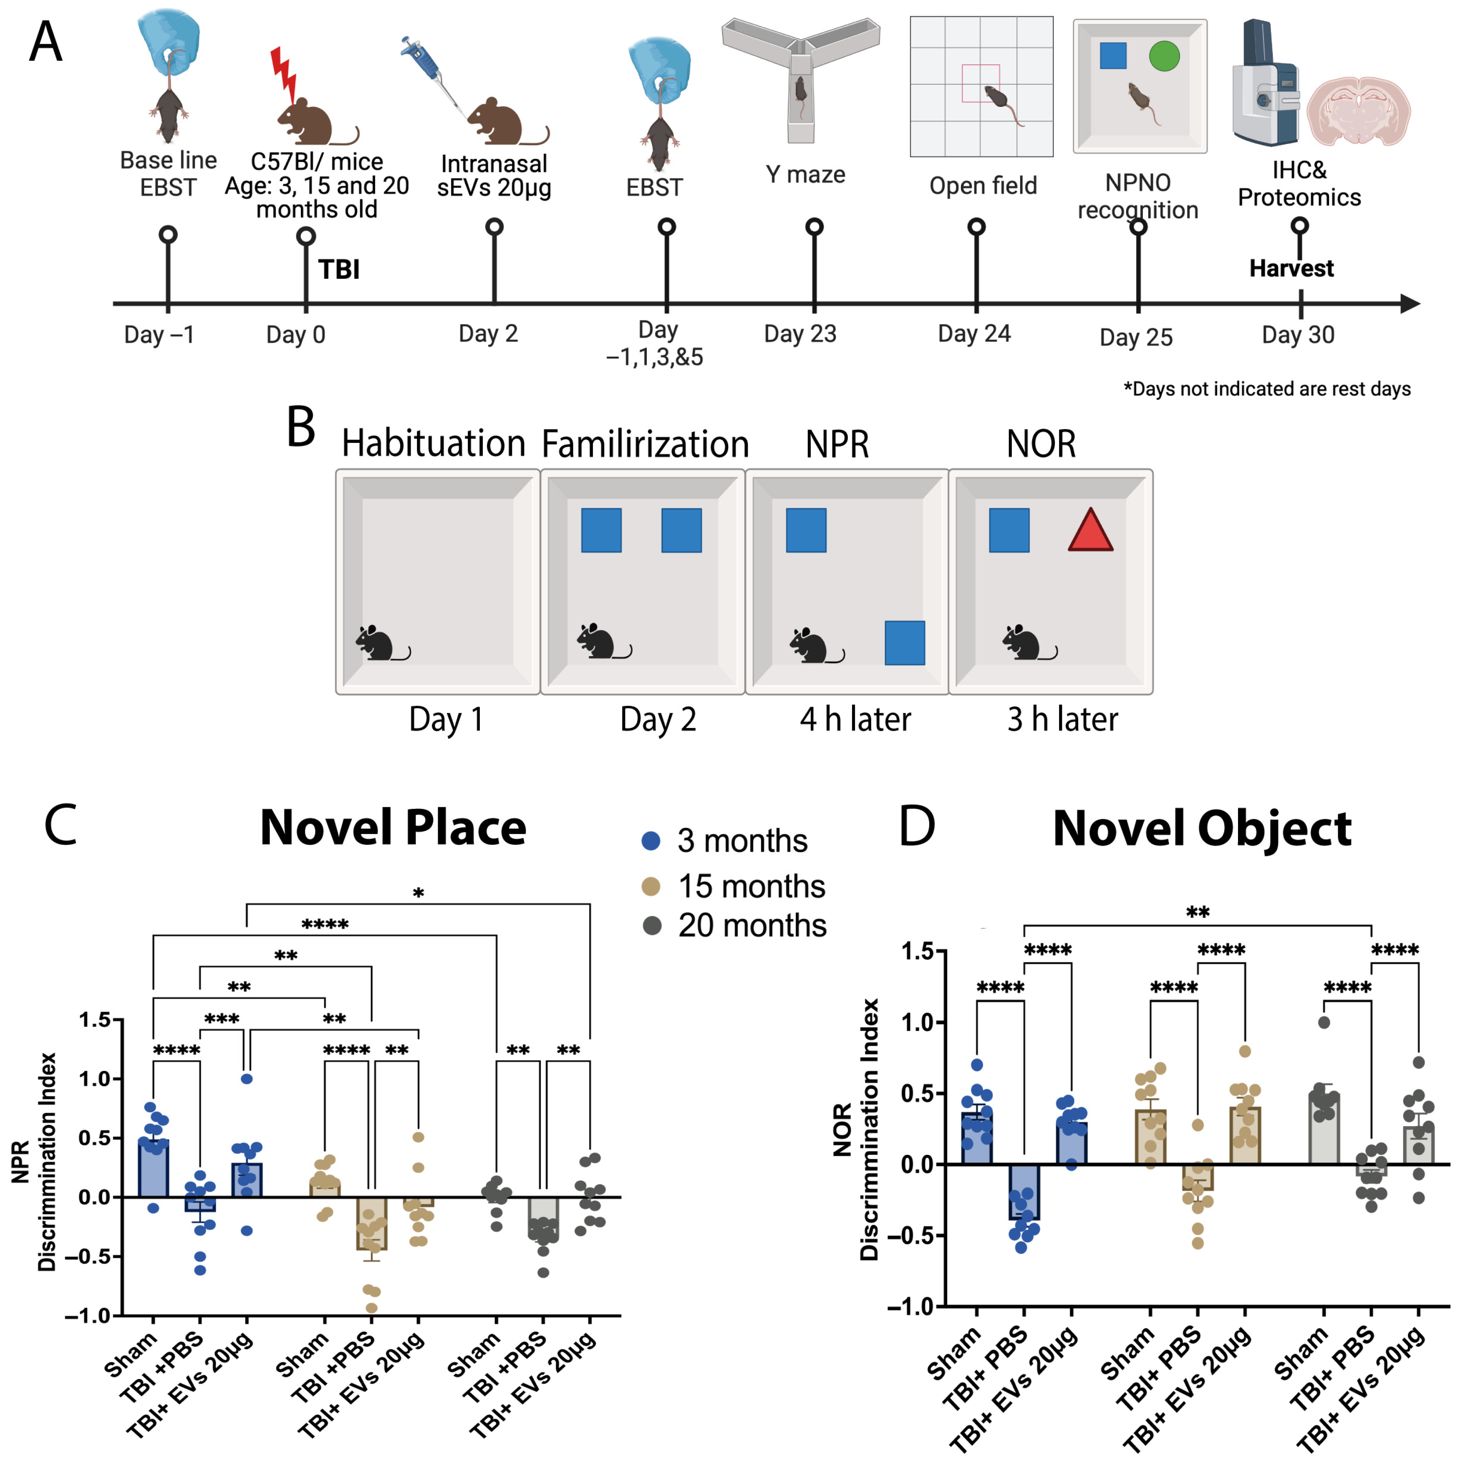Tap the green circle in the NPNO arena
tap(1164, 56)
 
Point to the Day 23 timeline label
tap(800, 333)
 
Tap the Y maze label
tap(805, 174)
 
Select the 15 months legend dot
tap(651, 886)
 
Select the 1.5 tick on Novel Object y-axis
tap(917, 951)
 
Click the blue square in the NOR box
tap(1009, 530)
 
